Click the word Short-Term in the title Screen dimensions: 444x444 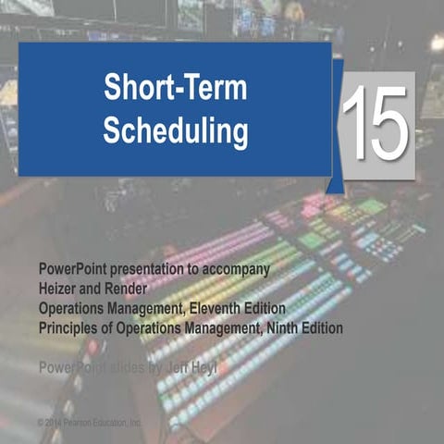(x=175, y=92)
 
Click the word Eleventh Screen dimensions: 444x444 (x=225, y=307)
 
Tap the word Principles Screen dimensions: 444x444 (x=73, y=327)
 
